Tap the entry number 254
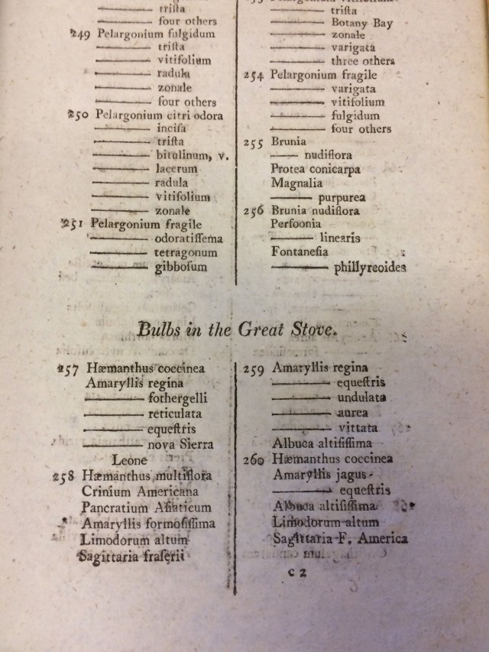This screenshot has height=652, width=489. [253, 76]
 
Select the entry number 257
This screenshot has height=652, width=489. [69, 368]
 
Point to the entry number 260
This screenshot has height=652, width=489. [253, 460]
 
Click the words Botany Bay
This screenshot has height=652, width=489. [361, 23]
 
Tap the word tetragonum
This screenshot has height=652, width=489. [186, 253]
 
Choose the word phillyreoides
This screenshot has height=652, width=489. [370, 268]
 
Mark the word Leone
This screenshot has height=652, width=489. [129, 460]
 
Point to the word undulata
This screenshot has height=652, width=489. [361, 397]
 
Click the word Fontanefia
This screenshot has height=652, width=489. [300, 251]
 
